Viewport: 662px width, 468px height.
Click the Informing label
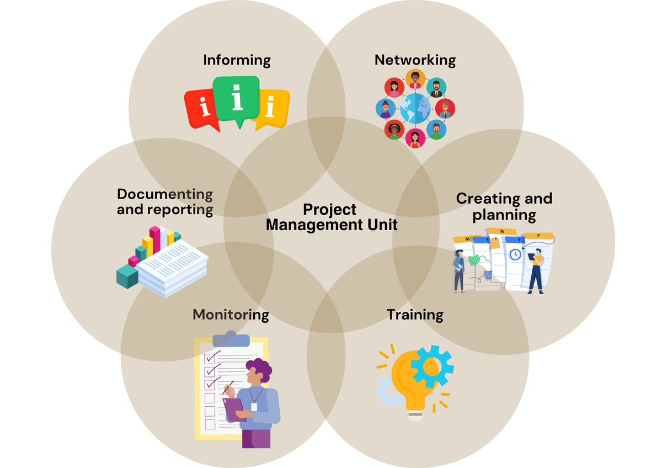[237, 60]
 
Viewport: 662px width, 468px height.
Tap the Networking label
[415, 60]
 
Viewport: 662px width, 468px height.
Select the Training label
[415, 315]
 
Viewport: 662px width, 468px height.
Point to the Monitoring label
[231, 315]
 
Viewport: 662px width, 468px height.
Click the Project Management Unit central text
[331, 217]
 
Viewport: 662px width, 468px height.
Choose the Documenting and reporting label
[165, 202]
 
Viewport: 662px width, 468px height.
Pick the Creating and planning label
[504, 206]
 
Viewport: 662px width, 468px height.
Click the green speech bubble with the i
[237, 99]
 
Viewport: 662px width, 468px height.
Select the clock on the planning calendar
[515, 254]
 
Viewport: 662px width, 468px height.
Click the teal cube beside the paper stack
[127, 276]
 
